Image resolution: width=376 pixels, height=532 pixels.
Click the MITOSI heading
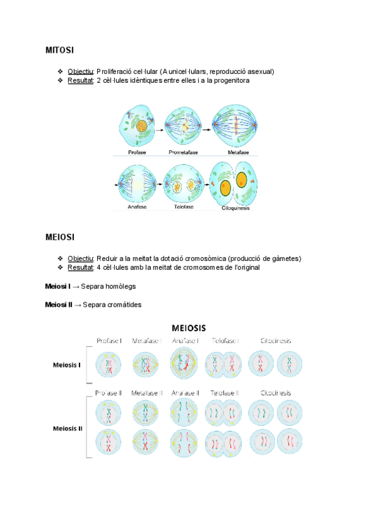pos(60,49)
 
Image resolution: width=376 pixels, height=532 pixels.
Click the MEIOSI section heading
pos(60,237)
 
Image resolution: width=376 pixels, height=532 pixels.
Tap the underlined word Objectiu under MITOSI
pos(80,71)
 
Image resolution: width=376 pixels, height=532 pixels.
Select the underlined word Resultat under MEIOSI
pos(80,267)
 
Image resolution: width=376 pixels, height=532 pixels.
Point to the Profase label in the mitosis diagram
pos(138,152)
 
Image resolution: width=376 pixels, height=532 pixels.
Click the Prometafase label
pos(185,152)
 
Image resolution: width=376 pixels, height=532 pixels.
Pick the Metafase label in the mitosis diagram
pos(238,152)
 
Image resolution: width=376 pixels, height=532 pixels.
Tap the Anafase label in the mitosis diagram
pos(137,207)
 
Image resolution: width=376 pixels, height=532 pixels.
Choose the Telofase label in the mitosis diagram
pos(185,207)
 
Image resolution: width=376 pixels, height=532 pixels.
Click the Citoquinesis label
pos(236,208)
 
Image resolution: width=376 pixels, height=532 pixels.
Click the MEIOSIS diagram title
pos(189,327)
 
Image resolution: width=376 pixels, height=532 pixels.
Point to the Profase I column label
pos(108,341)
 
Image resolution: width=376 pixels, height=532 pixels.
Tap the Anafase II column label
pos(185,393)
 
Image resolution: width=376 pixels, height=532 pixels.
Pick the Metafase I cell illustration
pos(147,364)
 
